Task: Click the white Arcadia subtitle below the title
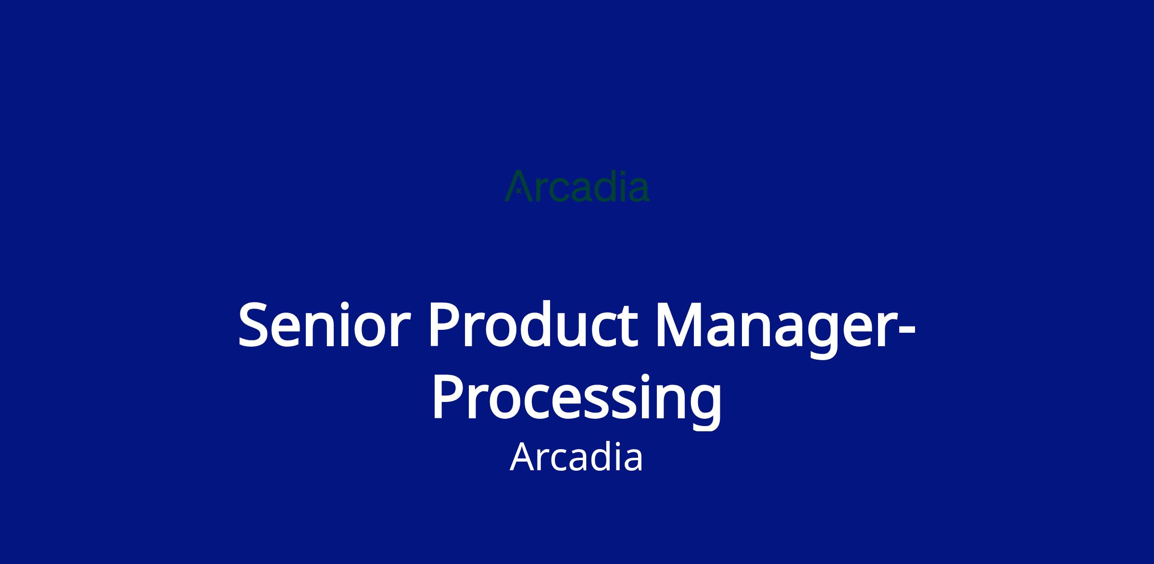click(576, 458)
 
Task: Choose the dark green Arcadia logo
click(577, 186)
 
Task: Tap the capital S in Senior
click(253, 324)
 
